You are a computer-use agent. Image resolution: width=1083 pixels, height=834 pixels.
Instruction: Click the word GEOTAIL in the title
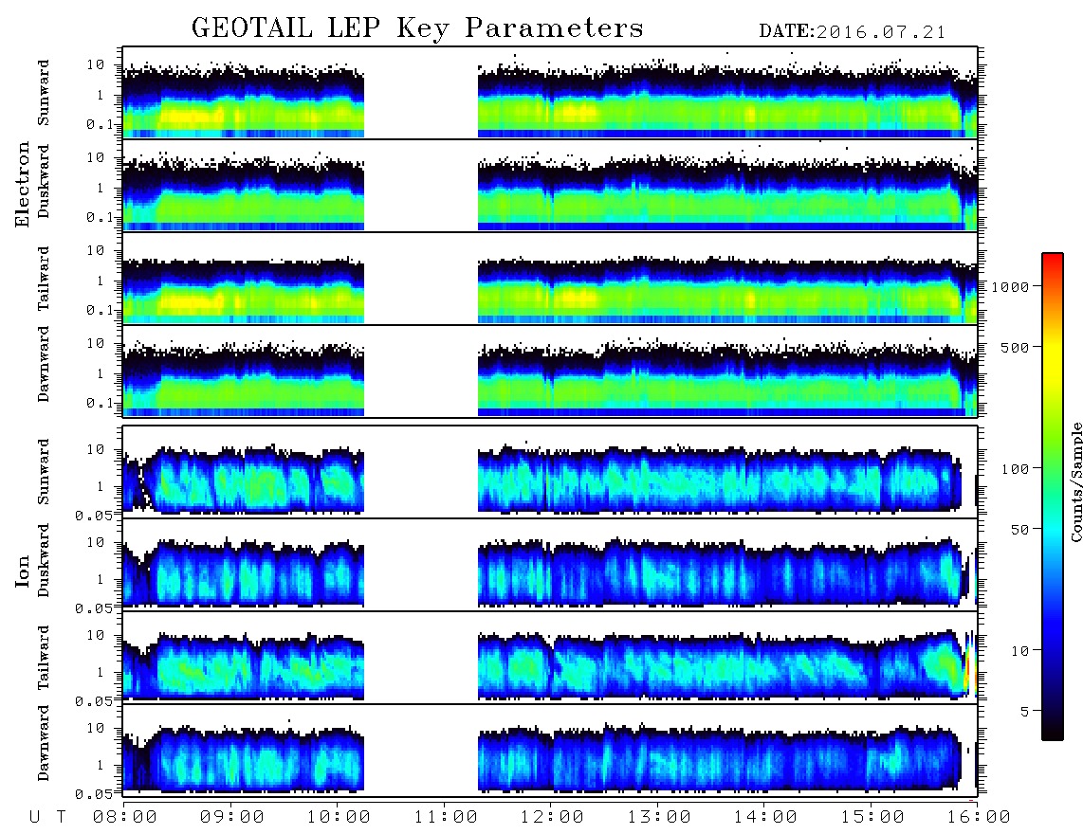252,28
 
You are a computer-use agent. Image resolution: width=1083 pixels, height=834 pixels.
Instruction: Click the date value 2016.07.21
881,32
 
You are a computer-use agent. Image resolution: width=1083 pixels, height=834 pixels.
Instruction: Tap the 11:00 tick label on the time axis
446,818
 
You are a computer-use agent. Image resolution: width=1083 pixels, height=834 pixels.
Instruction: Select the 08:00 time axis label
125,818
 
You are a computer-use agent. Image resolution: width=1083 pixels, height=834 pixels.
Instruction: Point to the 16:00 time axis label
978,818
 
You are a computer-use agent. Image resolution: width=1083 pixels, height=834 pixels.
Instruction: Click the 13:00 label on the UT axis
659,818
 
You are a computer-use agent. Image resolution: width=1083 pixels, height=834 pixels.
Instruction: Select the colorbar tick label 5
1024,711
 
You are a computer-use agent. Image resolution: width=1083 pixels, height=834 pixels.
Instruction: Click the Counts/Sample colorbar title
1075,481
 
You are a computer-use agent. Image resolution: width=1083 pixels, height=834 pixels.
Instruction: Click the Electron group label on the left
23,184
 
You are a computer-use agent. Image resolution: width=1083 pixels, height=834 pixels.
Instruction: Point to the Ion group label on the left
23,571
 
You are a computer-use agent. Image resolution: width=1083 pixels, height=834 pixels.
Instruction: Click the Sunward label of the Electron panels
44,93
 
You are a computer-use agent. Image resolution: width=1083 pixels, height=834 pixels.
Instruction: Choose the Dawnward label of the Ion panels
44,742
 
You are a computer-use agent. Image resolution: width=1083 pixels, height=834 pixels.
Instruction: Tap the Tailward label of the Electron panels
44,279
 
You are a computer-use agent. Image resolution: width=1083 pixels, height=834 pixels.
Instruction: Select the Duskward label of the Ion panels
44,560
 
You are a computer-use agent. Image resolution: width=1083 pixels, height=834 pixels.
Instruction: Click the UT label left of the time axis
47,818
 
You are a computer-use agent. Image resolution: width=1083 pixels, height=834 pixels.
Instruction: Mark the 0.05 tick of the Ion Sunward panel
98,515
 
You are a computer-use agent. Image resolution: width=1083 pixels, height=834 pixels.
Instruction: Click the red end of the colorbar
1053,258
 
